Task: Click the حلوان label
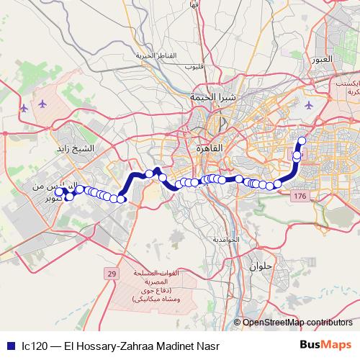coord(261,266)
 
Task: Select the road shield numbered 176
coord(300,197)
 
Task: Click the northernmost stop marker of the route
coord(302,140)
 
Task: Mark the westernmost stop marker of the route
coord(59,192)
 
